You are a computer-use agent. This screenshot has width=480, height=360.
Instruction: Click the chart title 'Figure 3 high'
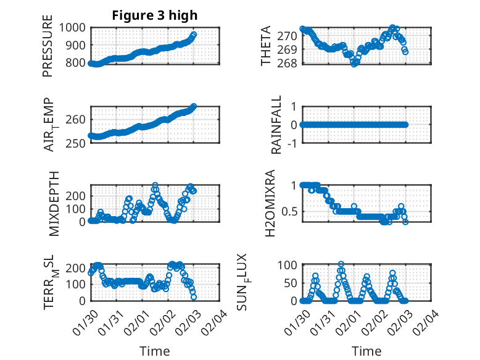coord(155,15)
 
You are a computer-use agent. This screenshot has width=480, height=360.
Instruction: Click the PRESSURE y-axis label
coord(48,51)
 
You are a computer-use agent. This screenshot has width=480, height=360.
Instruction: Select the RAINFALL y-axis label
coord(276,124)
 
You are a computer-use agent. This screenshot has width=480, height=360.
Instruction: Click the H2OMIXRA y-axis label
coord(270,203)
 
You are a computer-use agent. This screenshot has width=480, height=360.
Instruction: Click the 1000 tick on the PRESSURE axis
coord(73,27)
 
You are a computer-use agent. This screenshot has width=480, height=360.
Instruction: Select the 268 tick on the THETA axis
coord(288,63)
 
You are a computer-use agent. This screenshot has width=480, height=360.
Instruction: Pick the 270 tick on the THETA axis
coord(288,36)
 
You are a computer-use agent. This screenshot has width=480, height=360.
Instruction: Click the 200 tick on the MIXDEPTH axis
coord(77,195)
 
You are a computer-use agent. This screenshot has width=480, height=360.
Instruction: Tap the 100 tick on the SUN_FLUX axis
coord(289,265)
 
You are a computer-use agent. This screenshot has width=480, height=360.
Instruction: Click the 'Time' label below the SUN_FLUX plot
coord(366,351)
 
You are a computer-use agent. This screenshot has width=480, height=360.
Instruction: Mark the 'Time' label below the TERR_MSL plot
coord(154,351)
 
